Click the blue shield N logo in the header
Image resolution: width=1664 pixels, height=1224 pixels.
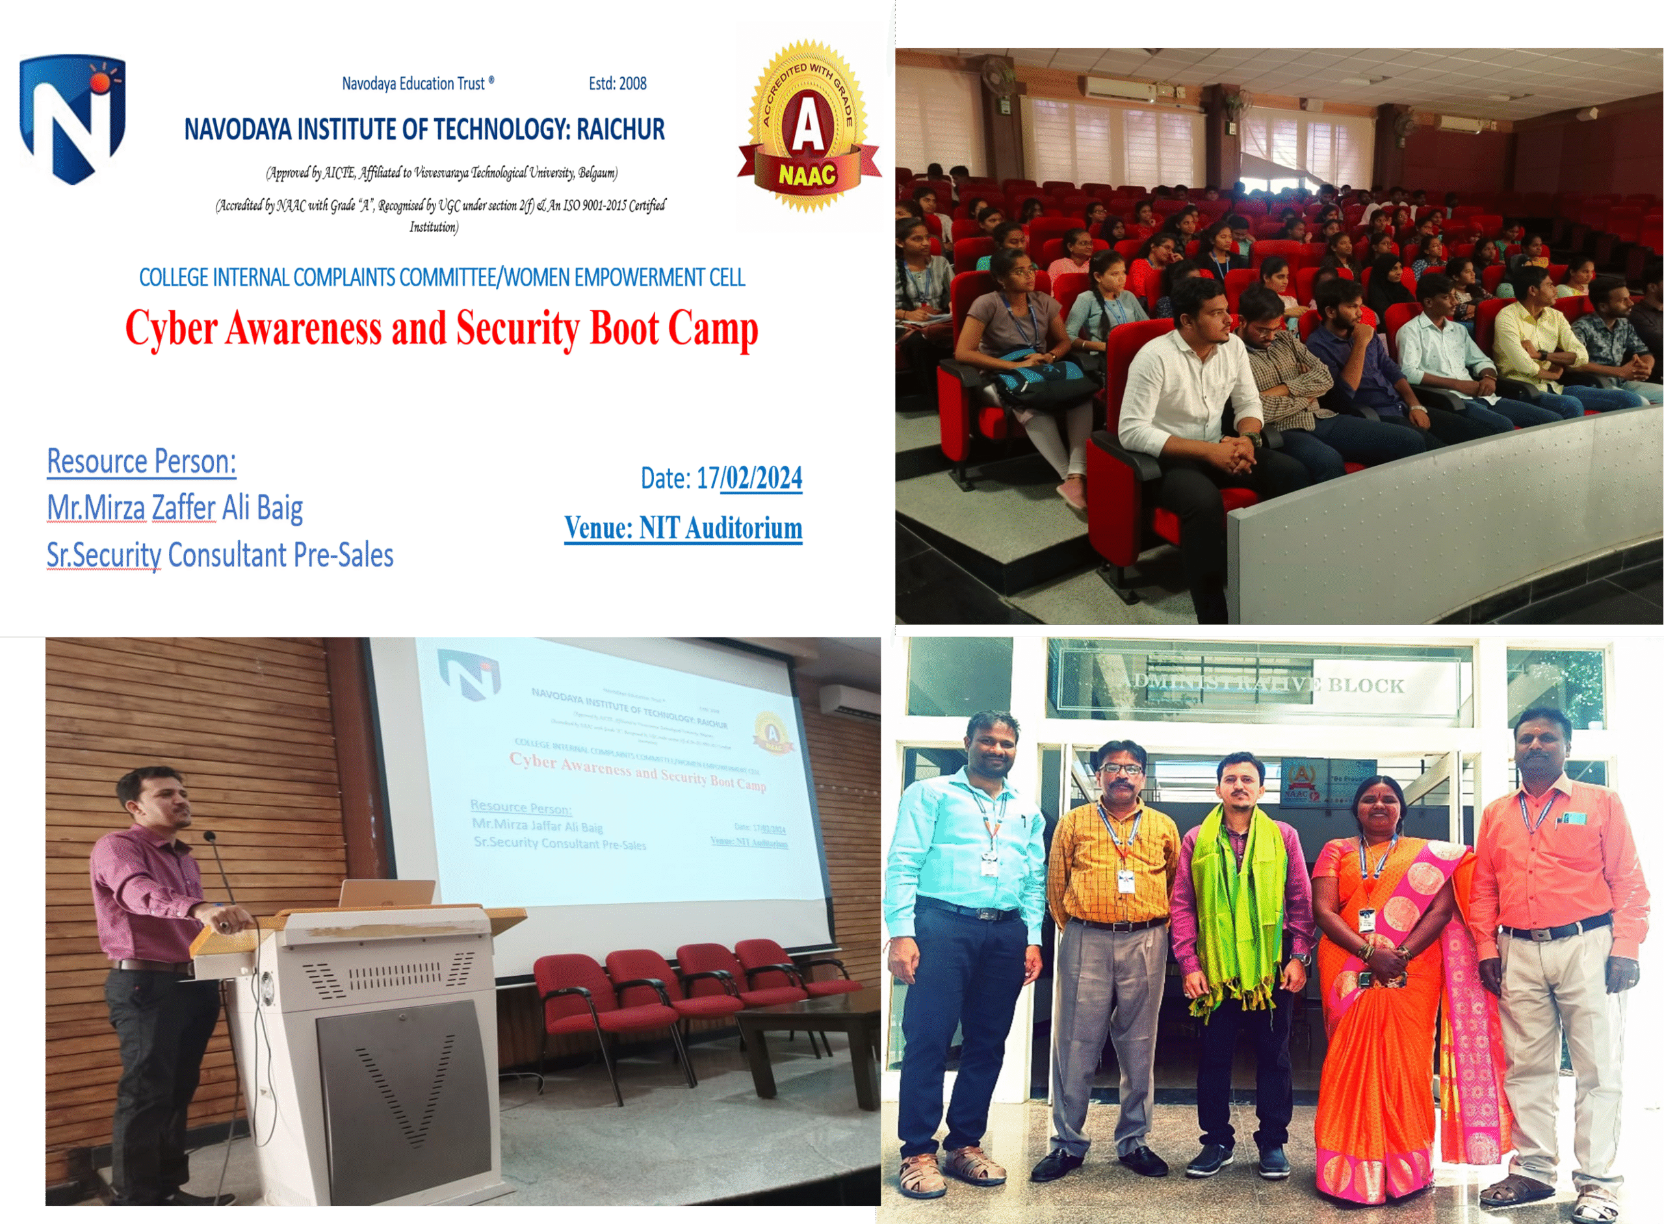pyautogui.click(x=72, y=118)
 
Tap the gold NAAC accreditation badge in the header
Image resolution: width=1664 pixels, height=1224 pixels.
pyautogui.click(x=808, y=126)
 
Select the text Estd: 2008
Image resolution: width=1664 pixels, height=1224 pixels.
pyautogui.click(x=617, y=84)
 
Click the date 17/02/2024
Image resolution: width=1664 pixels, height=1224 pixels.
pyautogui.click(x=749, y=478)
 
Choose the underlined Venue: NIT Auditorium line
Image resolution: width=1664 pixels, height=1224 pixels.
pyautogui.click(x=682, y=528)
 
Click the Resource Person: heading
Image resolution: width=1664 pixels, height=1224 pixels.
pyautogui.click(x=142, y=461)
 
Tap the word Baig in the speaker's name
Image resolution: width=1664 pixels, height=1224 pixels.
pyautogui.click(x=279, y=508)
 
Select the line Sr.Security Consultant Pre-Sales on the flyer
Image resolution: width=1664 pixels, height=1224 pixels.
pyautogui.click(x=220, y=555)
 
